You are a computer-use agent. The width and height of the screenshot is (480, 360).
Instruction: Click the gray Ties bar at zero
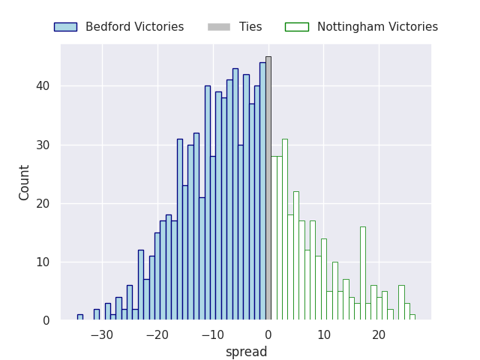point(268,187)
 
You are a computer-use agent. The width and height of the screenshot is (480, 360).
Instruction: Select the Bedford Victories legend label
point(134,27)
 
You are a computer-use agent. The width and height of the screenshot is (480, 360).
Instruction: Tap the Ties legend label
point(250,27)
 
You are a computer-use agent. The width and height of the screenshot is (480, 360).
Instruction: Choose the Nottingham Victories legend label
point(377,27)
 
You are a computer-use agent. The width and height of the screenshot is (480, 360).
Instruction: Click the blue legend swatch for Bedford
point(65,27)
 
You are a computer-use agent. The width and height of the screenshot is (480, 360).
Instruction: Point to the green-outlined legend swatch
point(296,27)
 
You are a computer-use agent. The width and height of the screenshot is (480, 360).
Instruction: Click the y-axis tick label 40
point(44,86)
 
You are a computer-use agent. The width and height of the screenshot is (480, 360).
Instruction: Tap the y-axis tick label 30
point(44,145)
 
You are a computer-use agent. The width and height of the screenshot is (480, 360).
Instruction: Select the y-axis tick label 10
point(44,262)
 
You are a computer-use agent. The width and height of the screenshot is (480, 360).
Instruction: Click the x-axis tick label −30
point(101,334)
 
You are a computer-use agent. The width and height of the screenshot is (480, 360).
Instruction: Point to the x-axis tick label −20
point(157,334)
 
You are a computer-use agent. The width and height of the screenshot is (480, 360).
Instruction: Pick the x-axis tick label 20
point(379,334)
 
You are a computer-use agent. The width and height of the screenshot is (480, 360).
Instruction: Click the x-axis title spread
point(246,352)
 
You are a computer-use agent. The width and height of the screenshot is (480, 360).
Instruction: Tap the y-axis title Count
point(25,182)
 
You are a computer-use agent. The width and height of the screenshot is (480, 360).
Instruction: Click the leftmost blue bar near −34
point(79,317)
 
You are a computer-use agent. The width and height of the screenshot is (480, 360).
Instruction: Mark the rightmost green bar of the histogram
point(412,317)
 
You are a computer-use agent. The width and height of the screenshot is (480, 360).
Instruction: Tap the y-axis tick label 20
point(44,203)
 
